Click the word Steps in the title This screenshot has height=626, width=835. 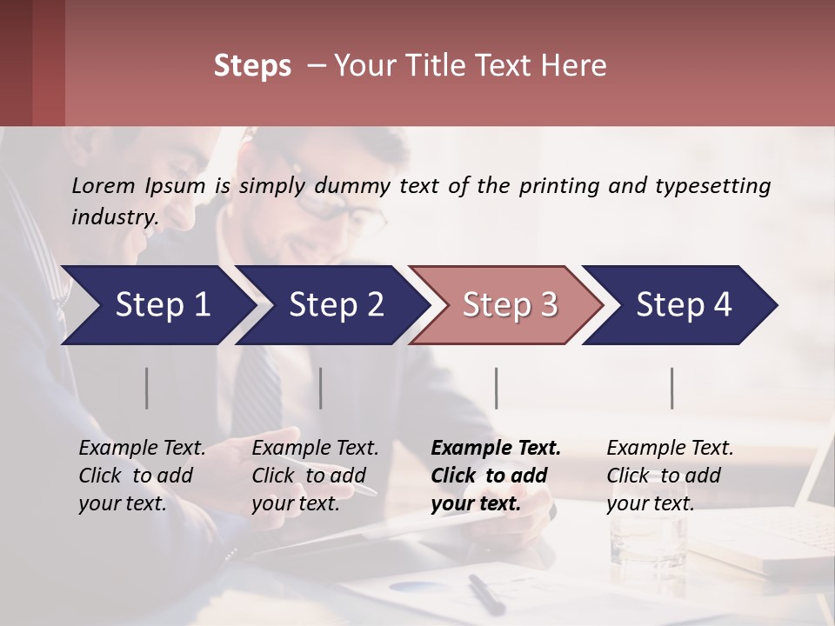(252, 66)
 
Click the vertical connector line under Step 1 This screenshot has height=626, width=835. (147, 388)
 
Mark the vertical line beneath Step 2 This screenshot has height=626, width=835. (321, 388)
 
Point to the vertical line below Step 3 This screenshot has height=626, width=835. (497, 388)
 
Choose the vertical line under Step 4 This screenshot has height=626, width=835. (672, 388)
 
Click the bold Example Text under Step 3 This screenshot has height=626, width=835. (496, 449)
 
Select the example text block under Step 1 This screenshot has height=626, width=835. (142, 476)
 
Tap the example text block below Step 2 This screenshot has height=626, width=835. (315, 476)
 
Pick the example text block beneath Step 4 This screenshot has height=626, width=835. (670, 476)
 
